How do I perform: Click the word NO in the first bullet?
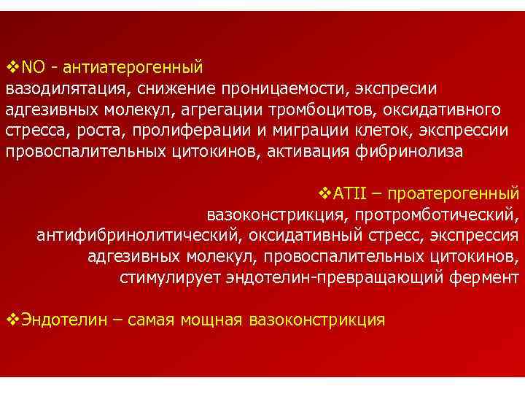point(34,69)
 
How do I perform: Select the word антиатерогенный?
point(133,69)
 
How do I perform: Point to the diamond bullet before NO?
point(12,69)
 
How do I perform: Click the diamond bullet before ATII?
point(325,195)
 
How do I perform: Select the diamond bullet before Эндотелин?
point(12,320)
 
